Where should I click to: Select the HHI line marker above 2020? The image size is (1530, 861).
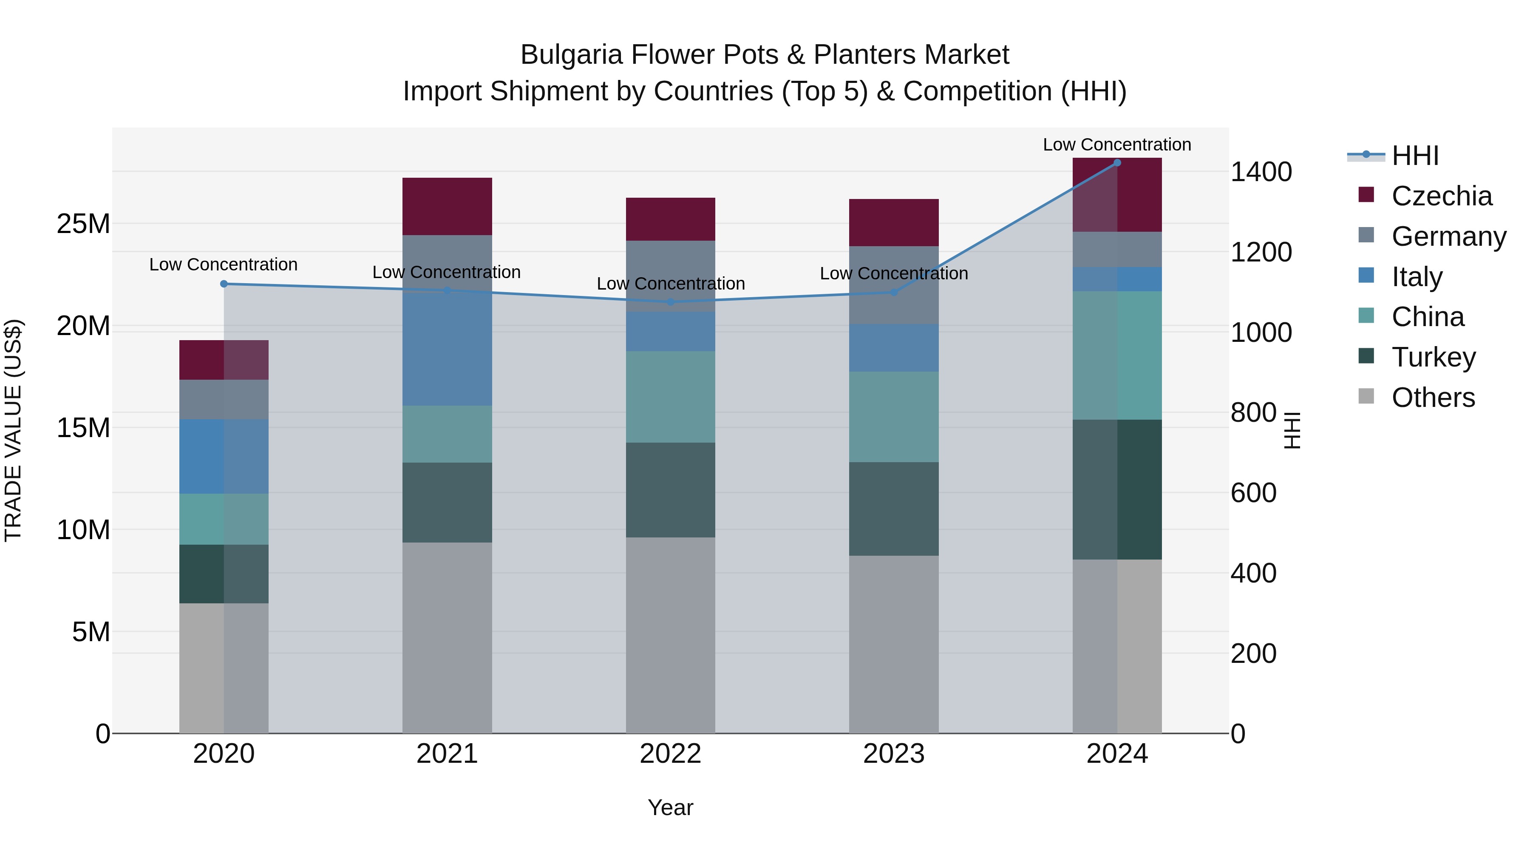[x=224, y=284]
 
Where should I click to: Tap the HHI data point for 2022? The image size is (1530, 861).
[x=671, y=302]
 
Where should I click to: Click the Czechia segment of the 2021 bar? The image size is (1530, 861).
[x=447, y=206]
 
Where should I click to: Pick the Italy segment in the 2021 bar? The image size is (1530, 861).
[x=447, y=351]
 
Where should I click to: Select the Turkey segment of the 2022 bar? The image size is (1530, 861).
[x=671, y=490]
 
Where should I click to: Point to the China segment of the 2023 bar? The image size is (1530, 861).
[x=894, y=417]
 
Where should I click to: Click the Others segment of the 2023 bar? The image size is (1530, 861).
[x=894, y=644]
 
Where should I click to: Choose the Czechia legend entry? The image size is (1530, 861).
[x=1442, y=196]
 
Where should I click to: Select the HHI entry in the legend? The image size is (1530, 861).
[x=1415, y=156]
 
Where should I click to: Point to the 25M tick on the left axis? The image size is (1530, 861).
[x=83, y=224]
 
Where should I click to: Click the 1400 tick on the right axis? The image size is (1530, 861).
[x=1261, y=172]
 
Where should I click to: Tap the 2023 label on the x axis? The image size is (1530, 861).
[x=894, y=754]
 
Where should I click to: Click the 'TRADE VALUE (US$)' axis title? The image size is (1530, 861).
[x=14, y=430]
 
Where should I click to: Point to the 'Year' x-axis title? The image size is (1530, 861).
[x=671, y=807]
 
